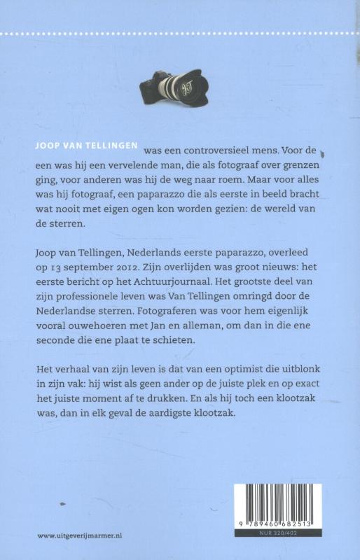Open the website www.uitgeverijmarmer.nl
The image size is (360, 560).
(x=81, y=534)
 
